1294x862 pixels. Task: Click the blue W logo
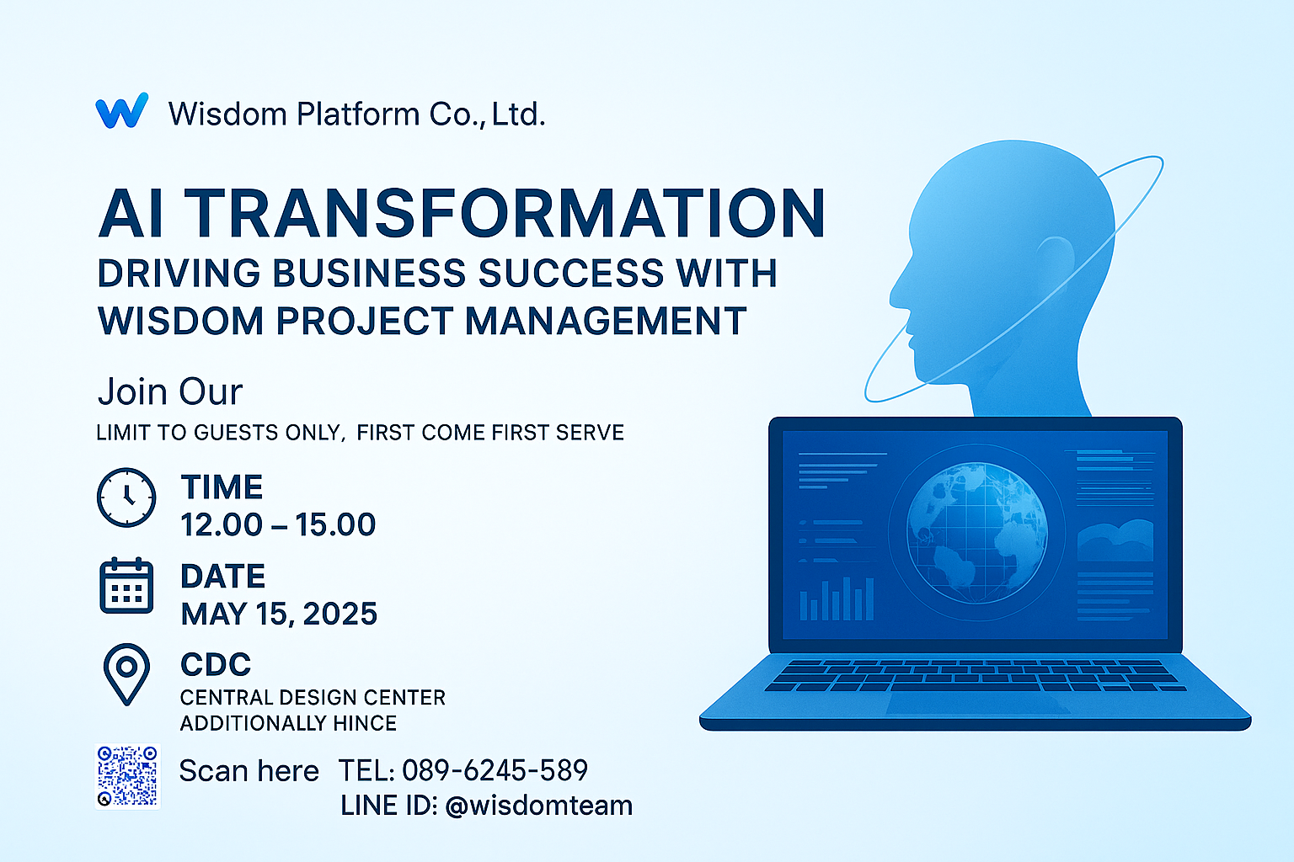[x=122, y=110]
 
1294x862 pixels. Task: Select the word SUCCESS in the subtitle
[x=571, y=273]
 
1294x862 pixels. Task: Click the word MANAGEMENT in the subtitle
[x=606, y=321]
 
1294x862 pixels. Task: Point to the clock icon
[x=126, y=498]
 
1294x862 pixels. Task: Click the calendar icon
[x=126, y=585]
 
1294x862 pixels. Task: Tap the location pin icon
[x=126, y=674]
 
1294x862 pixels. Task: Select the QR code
[x=128, y=776]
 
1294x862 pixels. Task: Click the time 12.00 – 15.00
[x=279, y=524]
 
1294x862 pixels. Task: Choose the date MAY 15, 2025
[x=279, y=614]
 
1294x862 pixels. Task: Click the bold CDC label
[x=216, y=664]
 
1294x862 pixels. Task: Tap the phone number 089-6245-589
[x=495, y=770]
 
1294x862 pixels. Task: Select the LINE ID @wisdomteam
[x=539, y=806]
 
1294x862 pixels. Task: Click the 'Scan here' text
[x=249, y=771]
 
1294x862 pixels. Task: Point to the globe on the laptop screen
[x=977, y=533]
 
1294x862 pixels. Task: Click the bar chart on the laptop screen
[x=837, y=599]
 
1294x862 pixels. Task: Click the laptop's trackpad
[x=977, y=702]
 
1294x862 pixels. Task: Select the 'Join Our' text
[x=170, y=392]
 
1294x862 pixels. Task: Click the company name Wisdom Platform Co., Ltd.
[x=357, y=114]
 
